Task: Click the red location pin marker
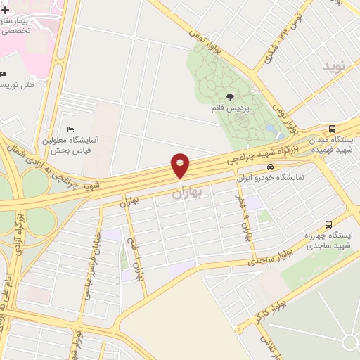tap(180, 166)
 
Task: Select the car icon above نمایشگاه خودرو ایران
tap(271, 167)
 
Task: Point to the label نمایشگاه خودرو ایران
tap(271, 178)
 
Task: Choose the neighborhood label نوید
tap(335, 67)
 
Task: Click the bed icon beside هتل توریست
tap(4, 75)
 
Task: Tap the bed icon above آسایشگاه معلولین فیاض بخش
tap(70, 129)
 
